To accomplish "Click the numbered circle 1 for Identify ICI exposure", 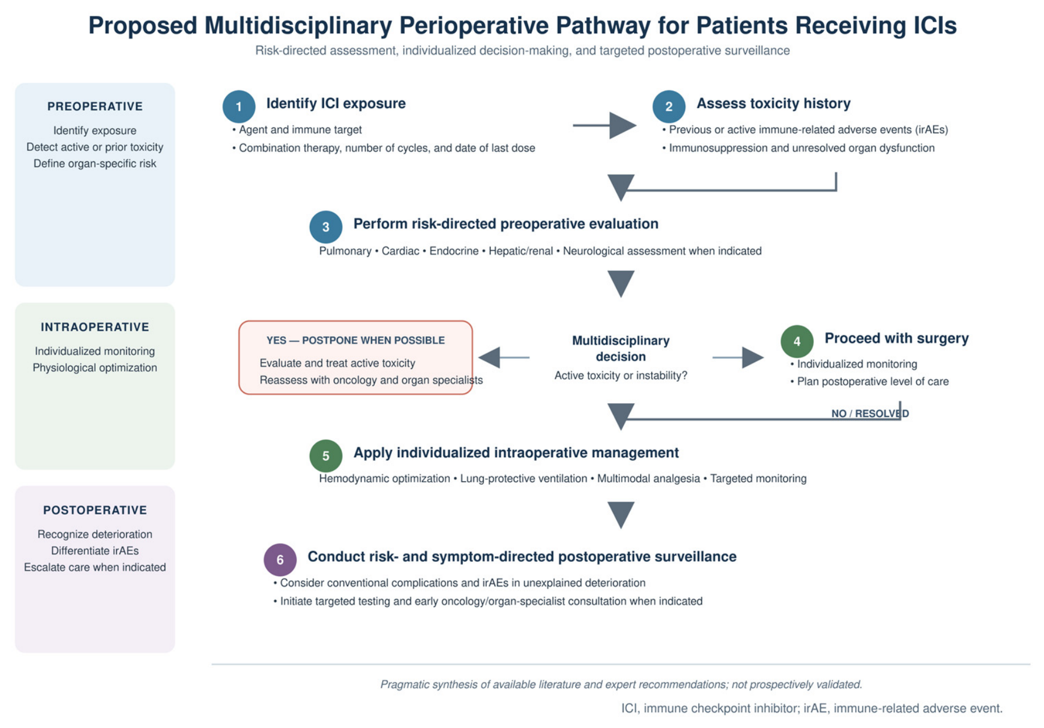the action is click(x=239, y=106).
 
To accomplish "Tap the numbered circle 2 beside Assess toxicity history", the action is click(x=669, y=106).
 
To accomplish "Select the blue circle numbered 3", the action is click(x=326, y=227).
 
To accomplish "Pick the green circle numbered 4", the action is click(x=797, y=341).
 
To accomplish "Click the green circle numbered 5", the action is click(x=326, y=456).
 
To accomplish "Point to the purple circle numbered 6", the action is click(x=280, y=560).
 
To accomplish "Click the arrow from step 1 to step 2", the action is click(x=604, y=125).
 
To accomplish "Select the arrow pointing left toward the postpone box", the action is click(x=504, y=357).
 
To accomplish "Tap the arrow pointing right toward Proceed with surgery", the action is click(x=738, y=357).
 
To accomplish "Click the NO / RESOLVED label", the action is click(x=870, y=413).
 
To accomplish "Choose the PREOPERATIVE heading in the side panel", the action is click(x=95, y=106).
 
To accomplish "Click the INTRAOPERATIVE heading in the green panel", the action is click(x=95, y=327).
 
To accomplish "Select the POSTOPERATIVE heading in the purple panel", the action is click(x=95, y=510).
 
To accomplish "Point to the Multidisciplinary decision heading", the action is click(x=621, y=349).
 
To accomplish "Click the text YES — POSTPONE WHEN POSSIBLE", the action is click(x=355, y=340).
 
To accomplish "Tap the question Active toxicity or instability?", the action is click(x=621, y=375).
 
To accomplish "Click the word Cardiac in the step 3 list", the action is click(x=400, y=251).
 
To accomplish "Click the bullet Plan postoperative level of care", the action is click(x=869, y=382).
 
